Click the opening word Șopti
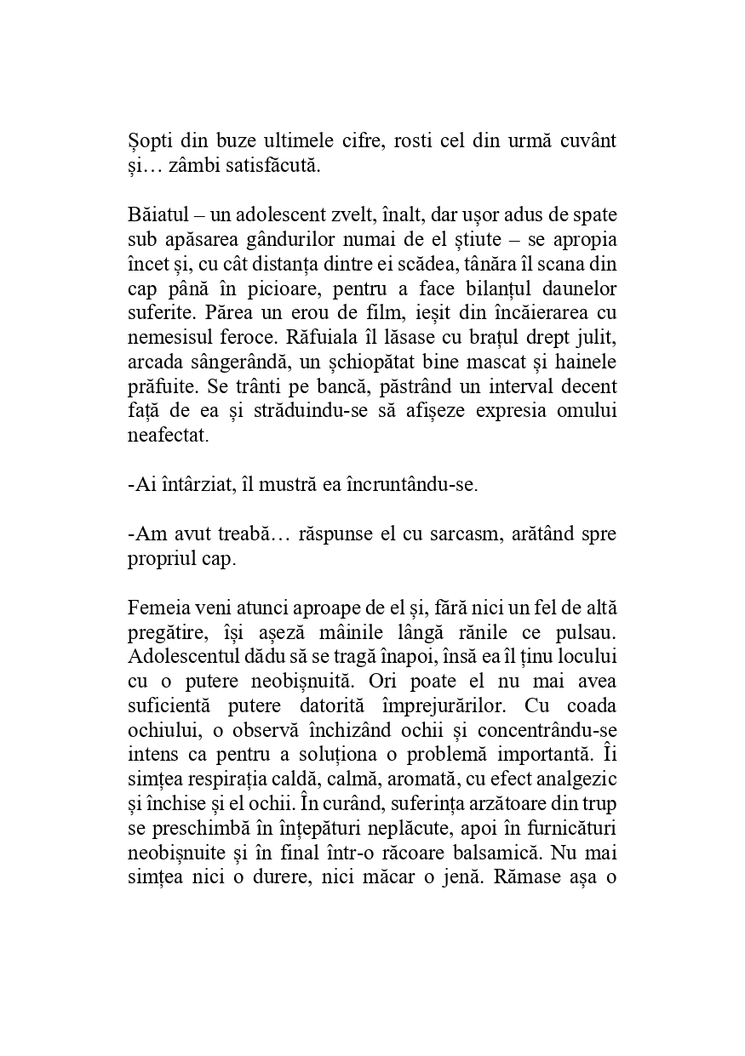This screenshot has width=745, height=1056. tap(149, 141)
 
